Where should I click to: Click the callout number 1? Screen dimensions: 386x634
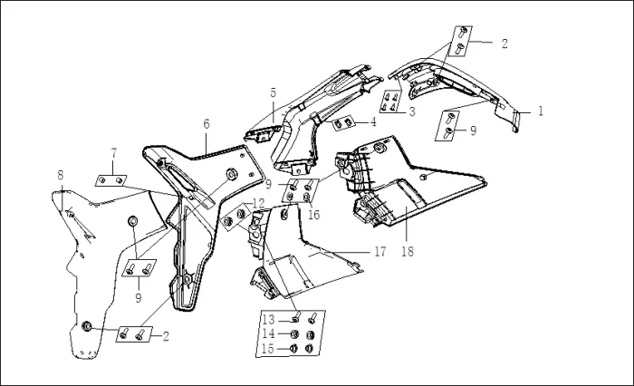[541, 111]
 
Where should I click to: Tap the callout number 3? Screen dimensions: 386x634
[411, 111]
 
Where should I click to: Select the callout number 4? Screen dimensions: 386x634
[372, 121]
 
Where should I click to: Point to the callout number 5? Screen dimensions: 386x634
[273, 92]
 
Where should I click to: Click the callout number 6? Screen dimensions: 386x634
[207, 122]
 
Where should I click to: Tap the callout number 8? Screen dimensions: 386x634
[61, 174]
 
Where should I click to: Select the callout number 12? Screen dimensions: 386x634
[258, 203]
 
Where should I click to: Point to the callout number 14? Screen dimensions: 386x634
[269, 333]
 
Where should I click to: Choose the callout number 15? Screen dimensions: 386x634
[269, 349]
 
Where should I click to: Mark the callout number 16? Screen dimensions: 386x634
[314, 215]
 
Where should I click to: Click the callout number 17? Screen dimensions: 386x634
[381, 251]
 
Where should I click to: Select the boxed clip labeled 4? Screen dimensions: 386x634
[345, 123]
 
